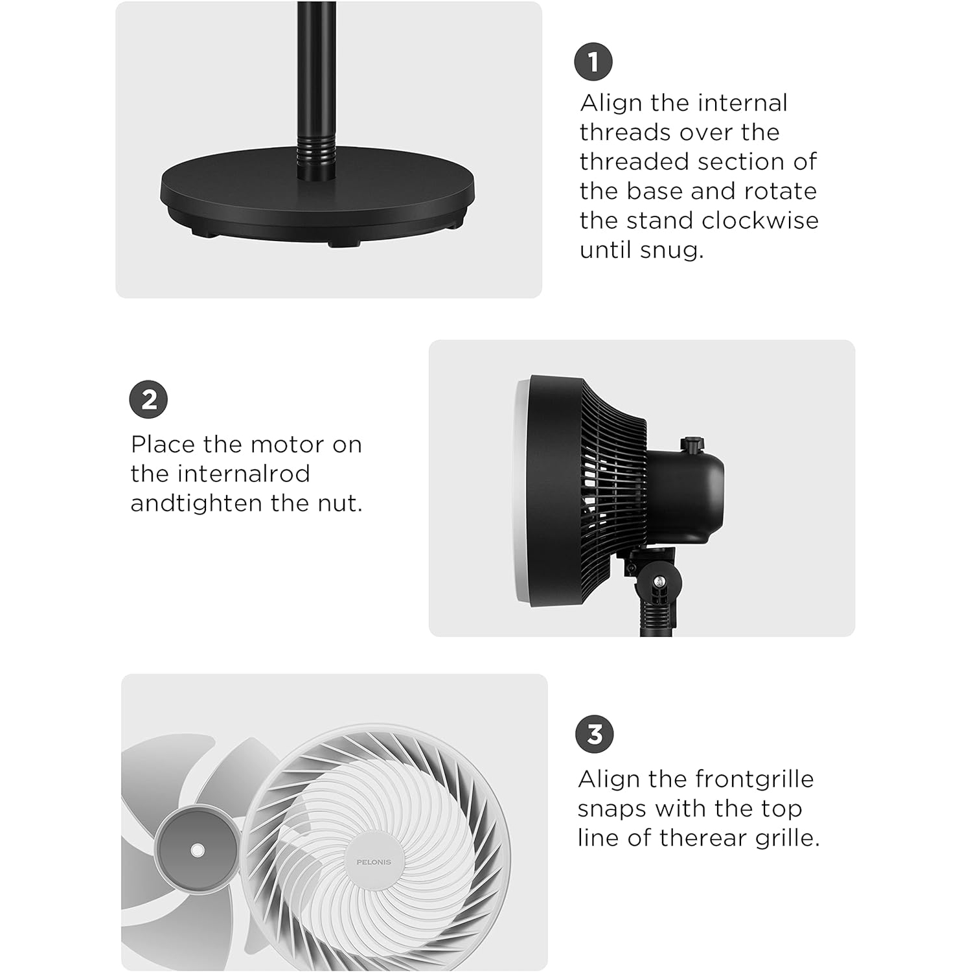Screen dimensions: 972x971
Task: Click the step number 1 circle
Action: click(593, 62)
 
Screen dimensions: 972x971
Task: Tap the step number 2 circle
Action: click(148, 399)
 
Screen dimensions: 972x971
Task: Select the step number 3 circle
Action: click(594, 734)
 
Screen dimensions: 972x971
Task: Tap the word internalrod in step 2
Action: click(220, 474)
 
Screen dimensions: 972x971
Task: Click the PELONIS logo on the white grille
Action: click(374, 862)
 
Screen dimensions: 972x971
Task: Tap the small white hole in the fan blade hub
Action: click(198, 850)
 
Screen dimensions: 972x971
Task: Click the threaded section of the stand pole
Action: click(312, 150)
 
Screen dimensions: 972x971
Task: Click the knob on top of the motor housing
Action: click(692, 445)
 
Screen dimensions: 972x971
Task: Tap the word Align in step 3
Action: click(608, 779)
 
